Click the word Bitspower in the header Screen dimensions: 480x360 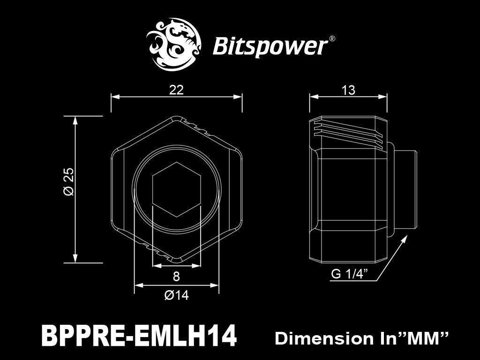point(270,46)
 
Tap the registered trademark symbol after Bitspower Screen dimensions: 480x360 point(332,39)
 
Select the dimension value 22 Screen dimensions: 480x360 point(176,90)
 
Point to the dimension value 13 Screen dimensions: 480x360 point(348,90)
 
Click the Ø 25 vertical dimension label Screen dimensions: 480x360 point(68,181)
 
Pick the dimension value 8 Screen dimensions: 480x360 point(176,277)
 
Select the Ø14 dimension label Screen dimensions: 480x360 point(177,295)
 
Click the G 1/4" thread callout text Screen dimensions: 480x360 point(349,274)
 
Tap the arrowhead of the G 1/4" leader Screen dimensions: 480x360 point(405,239)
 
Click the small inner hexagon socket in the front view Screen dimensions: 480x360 point(176,189)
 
